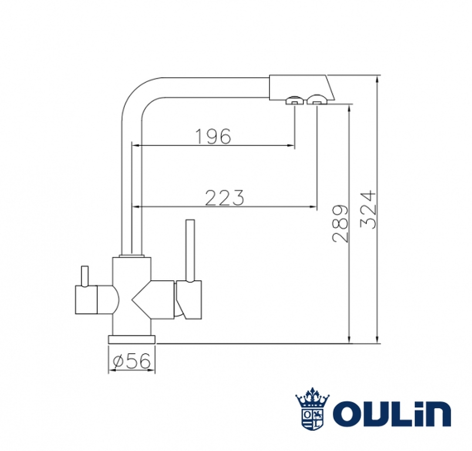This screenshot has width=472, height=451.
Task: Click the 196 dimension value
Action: coord(213,136)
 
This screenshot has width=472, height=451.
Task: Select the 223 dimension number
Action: coord(224,198)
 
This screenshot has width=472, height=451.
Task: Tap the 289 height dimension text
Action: coord(340,223)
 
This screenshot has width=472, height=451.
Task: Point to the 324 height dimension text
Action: coord(368,209)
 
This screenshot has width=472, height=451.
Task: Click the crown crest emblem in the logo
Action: coord(313,408)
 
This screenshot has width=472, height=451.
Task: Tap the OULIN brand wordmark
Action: coord(392,413)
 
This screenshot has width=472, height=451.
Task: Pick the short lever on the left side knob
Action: coord(85,276)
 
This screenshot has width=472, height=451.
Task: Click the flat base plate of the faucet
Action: coord(132,339)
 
